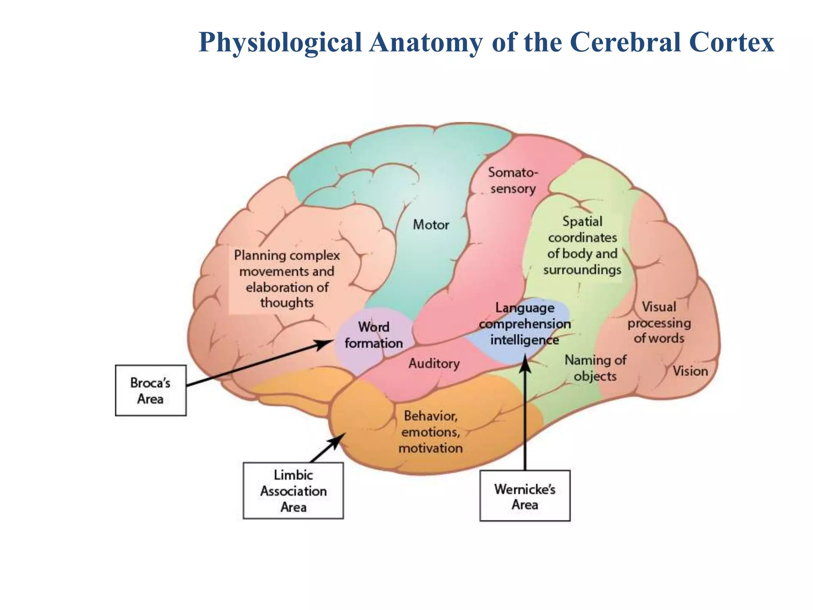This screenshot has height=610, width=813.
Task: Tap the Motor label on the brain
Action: coord(431,225)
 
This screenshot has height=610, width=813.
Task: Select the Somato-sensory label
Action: coord(513,181)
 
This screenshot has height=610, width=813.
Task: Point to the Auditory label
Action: coord(434,363)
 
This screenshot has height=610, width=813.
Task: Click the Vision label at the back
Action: coord(690,371)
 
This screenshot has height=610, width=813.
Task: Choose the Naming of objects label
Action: coord(595,368)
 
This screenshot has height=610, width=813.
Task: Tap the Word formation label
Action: coord(374,335)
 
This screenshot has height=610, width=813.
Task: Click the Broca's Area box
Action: coord(150,390)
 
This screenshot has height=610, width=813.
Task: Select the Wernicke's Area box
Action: coord(525,496)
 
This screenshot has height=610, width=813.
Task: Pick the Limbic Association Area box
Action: coord(293,491)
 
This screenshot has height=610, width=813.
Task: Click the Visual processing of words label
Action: coord(659,322)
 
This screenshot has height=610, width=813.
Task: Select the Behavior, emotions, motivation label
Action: coord(431,432)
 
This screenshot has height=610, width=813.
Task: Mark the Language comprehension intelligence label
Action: coord(524,324)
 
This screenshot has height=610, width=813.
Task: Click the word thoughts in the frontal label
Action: coord(287,303)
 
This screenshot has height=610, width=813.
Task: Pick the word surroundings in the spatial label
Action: coord(582,270)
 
